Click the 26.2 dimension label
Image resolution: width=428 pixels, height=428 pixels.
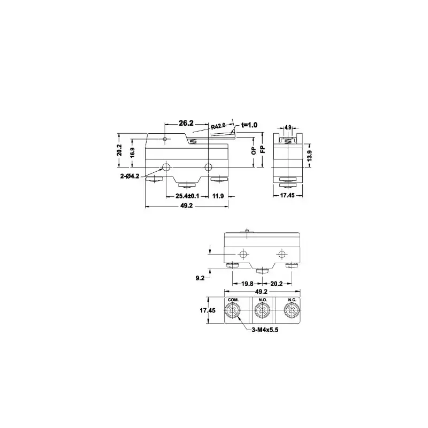click(x=186, y=124)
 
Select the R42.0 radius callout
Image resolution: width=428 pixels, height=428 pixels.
click(x=218, y=126)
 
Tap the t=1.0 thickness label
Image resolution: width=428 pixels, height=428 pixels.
click(x=249, y=125)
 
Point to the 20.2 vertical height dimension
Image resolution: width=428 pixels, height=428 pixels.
click(x=119, y=150)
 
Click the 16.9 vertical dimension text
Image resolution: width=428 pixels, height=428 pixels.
click(x=132, y=153)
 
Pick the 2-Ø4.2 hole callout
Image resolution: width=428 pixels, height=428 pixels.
click(x=129, y=177)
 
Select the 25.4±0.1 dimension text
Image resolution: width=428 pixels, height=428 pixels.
click(x=187, y=196)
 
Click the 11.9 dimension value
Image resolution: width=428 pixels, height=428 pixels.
click(x=218, y=196)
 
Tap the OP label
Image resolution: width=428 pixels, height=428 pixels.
click(x=254, y=151)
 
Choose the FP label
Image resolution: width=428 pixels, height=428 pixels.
click(x=263, y=149)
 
